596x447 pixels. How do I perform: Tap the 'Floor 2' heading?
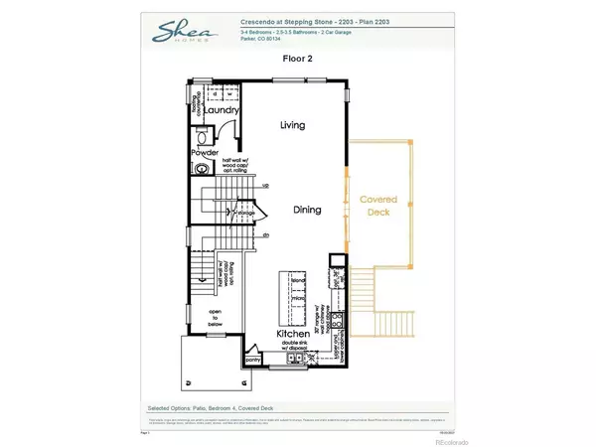tap(297, 59)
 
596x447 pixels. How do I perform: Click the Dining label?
tap(307, 210)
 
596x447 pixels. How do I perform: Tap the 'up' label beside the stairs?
tap(265, 185)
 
